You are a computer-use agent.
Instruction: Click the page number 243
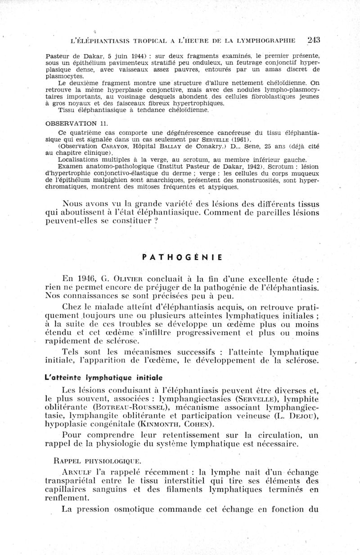[x=310, y=40]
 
